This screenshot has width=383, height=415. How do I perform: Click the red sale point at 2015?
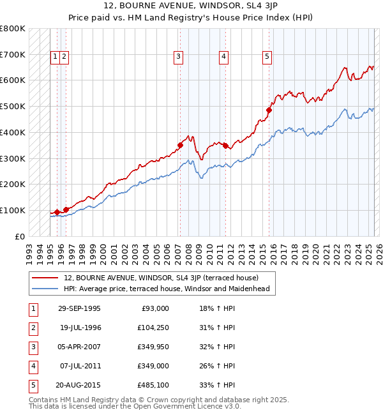(269, 110)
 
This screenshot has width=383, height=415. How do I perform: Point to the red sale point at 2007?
(181, 145)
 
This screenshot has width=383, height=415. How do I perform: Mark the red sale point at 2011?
(226, 145)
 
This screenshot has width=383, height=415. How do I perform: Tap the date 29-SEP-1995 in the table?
(79, 308)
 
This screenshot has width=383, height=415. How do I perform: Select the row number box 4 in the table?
(33, 366)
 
